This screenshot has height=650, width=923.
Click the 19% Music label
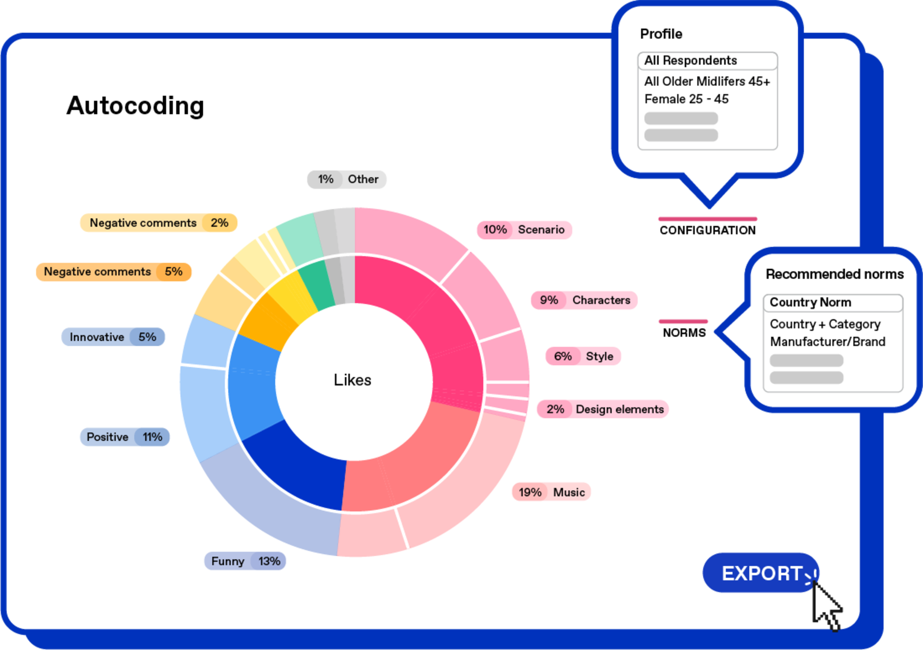(x=551, y=492)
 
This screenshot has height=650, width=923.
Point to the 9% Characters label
(x=584, y=300)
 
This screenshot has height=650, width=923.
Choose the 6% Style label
(x=583, y=356)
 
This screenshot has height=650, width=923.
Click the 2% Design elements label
(x=602, y=409)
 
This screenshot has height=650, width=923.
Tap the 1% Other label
(x=347, y=179)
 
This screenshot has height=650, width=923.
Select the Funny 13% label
(x=245, y=561)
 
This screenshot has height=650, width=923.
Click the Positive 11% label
(x=125, y=437)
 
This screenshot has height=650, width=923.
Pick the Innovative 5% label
(x=113, y=337)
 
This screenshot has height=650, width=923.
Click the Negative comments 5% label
(x=113, y=272)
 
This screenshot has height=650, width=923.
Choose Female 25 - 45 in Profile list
(x=686, y=99)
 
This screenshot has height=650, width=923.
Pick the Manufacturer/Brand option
(x=827, y=342)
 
